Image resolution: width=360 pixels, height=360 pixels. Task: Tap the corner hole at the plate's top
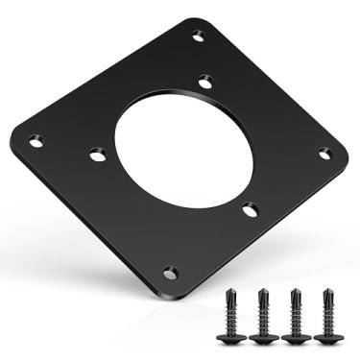pos(198,36)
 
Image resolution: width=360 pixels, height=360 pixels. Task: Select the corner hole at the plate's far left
pos(36,140)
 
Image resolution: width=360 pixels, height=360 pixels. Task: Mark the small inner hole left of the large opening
pos(97,153)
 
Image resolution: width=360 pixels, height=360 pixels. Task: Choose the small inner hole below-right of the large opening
pos(249,208)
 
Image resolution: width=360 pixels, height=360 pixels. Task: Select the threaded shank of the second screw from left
pos(264,312)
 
